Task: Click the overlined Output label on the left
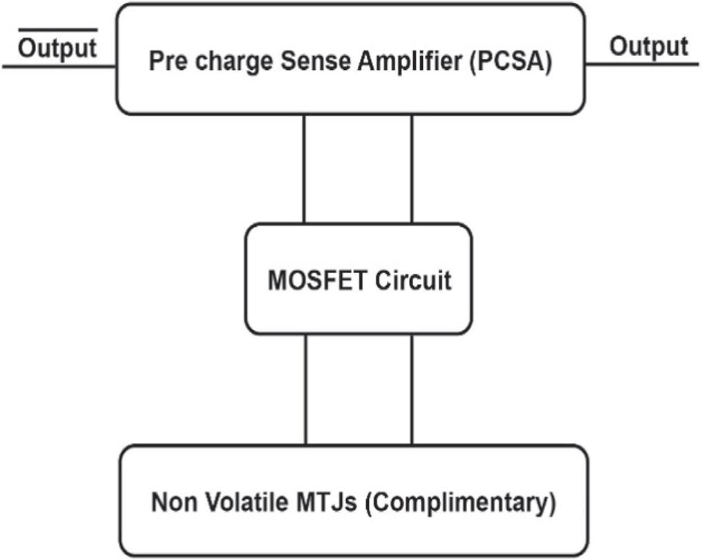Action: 57,48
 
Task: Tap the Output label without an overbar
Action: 649,46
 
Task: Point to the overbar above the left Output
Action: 57,30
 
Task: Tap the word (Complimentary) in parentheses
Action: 460,503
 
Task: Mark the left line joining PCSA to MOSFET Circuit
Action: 304,169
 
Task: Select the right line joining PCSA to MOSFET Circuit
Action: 412,169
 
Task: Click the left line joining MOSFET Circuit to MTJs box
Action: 305,389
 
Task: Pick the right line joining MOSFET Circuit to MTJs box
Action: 412,389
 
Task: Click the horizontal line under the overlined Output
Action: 59,67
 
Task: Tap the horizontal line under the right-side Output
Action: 643,66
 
